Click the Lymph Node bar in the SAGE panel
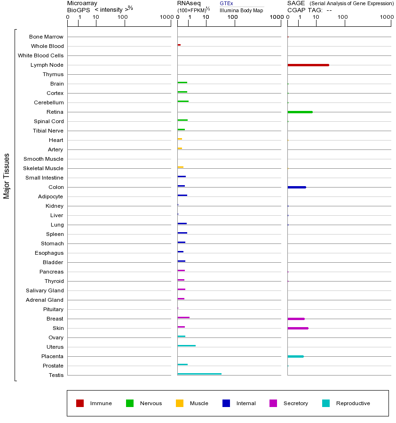point(308,65)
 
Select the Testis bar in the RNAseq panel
point(199,374)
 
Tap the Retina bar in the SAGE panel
point(300,112)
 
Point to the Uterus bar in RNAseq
point(186,345)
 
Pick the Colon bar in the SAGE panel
point(296,187)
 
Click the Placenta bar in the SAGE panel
point(295,356)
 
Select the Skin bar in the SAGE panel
point(298,328)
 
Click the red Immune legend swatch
point(80,403)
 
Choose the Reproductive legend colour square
point(326,403)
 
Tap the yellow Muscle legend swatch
point(180,403)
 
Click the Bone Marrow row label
point(46,37)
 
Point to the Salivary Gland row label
point(45,290)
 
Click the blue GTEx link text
point(226,3)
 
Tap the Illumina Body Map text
point(241,10)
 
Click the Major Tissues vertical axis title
point(7,176)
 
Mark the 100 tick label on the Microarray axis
point(123,17)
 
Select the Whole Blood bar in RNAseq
point(179,45)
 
